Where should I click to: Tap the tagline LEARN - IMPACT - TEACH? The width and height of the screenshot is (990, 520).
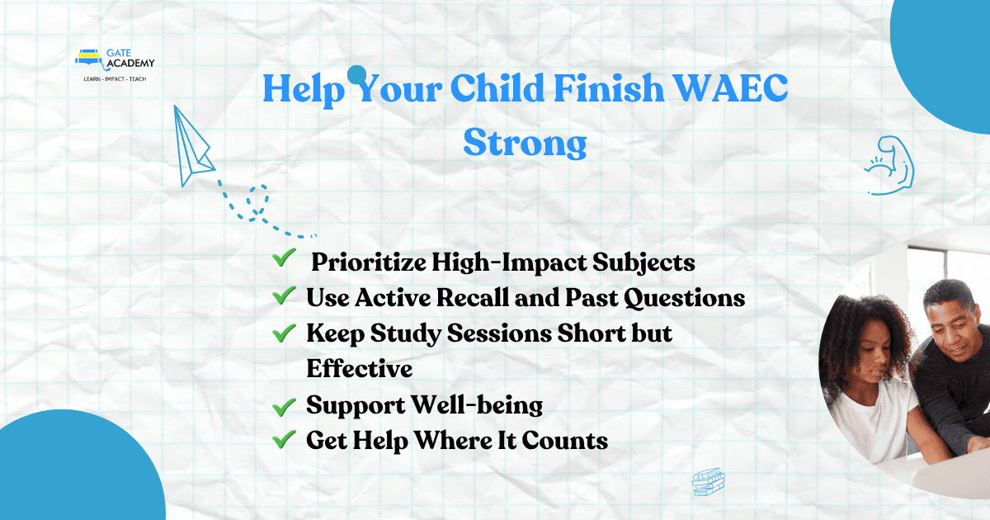pyautogui.click(x=115, y=79)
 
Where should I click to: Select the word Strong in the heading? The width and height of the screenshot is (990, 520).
pyautogui.click(x=525, y=143)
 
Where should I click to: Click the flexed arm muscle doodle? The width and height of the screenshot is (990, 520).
pyautogui.click(x=890, y=166)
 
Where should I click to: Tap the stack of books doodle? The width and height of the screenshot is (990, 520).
pyautogui.click(x=708, y=482)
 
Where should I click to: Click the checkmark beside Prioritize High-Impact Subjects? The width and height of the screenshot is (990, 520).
pyautogui.click(x=284, y=258)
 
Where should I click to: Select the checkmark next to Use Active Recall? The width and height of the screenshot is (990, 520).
pyautogui.click(x=284, y=295)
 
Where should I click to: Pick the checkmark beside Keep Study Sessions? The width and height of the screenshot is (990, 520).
pyautogui.click(x=284, y=333)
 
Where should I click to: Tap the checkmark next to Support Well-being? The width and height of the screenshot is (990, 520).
pyautogui.click(x=284, y=407)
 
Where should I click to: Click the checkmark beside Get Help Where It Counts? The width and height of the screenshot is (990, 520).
pyautogui.click(x=284, y=439)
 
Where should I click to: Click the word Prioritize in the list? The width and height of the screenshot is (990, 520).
pyautogui.click(x=369, y=262)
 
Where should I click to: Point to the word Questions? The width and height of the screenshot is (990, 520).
pyautogui.click(x=684, y=299)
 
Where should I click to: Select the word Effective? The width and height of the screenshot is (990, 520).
pyautogui.click(x=360, y=368)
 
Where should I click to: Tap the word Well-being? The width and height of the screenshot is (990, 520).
pyautogui.click(x=478, y=405)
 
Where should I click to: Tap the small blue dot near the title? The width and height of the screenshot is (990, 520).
pyautogui.click(x=356, y=75)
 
